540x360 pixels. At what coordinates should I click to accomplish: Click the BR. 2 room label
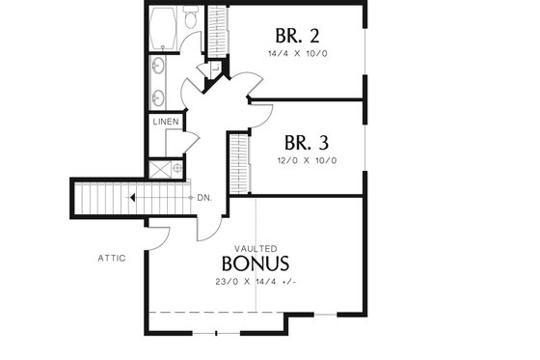tap(297, 36)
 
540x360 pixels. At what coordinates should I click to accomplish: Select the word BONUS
tap(256, 263)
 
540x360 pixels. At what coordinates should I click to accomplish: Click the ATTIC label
tap(113, 258)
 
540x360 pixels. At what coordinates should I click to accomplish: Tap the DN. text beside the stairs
tap(204, 198)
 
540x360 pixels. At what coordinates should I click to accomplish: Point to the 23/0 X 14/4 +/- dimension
tap(256, 282)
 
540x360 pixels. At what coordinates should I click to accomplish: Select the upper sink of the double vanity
tap(158, 66)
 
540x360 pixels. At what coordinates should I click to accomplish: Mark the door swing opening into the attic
tap(160, 235)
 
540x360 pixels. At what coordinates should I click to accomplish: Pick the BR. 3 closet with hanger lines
tap(238, 160)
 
